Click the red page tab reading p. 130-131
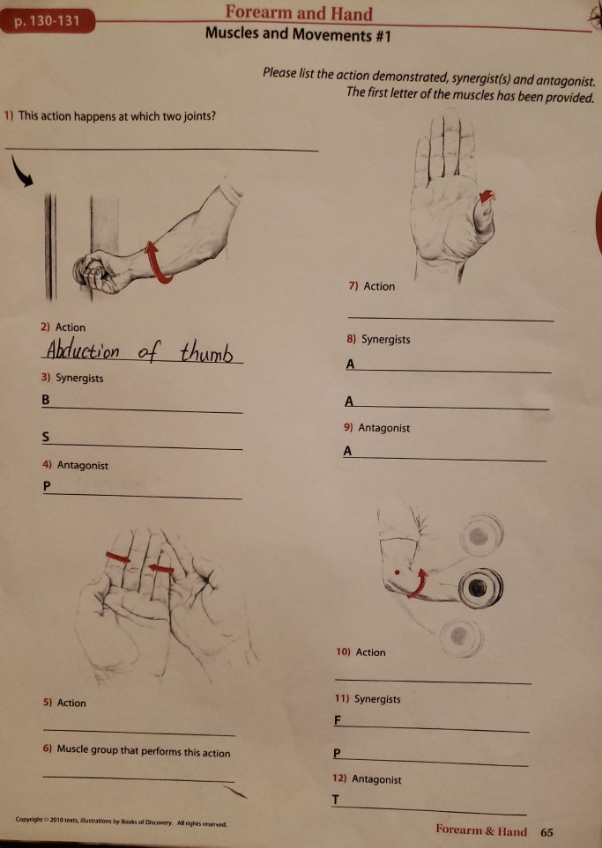pyautogui.click(x=48, y=20)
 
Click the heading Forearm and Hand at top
pyautogui.click(x=298, y=13)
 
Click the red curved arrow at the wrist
pyautogui.click(x=420, y=581)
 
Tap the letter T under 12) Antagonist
pyautogui.click(x=336, y=799)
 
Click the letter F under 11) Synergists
pyautogui.click(x=338, y=720)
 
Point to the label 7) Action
pyautogui.click(x=373, y=286)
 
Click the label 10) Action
pyautogui.click(x=360, y=653)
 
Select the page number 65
pyautogui.click(x=546, y=832)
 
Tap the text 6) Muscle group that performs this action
pyautogui.click(x=137, y=753)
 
